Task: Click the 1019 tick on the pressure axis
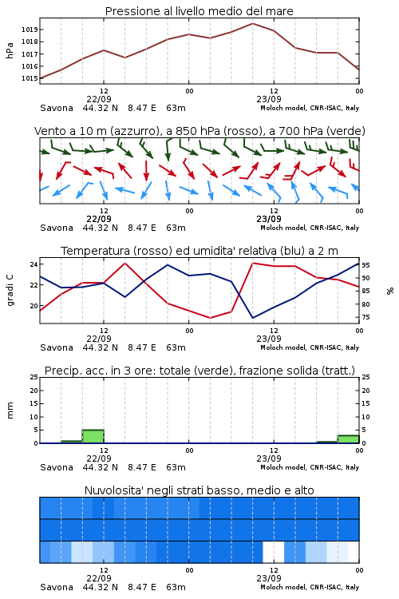[x=30, y=30]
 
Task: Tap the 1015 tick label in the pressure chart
[x=30, y=78]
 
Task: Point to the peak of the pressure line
[x=252, y=23]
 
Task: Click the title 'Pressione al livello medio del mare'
[x=199, y=11]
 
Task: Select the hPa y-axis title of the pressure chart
[x=10, y=50]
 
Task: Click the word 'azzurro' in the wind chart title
[x=135, y=131]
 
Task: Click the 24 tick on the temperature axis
[x=34, y=264]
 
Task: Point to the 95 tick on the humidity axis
[x=365, y=265]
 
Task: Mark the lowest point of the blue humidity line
[x=253, y=317]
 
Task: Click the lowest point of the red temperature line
[x=210, y=318]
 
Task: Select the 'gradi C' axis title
[x=10, y=291]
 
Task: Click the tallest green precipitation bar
[x=93, y=436]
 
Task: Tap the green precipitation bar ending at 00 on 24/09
[x=348, y=439]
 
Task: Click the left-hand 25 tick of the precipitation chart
[x=34, y=377]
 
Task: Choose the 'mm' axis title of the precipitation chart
[x=10, y=411]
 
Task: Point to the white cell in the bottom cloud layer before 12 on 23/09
[x=274, y=552]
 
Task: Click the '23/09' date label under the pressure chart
[x=269, y=99]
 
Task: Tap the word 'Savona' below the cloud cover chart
[x=57, y=587]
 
